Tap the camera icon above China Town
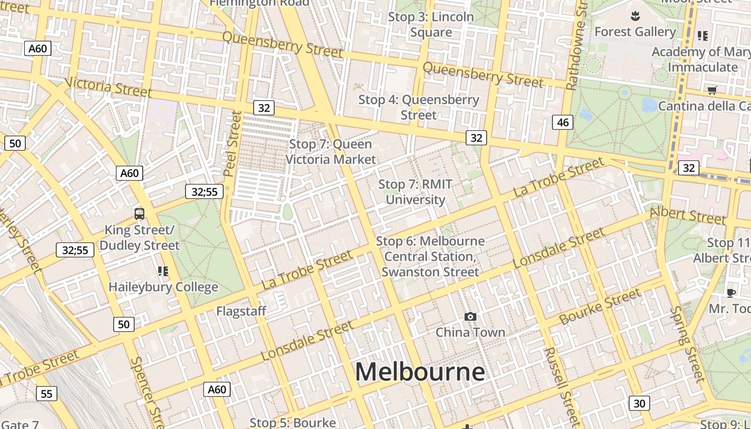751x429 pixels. pos(470,316)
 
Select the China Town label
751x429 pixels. pos(470,332)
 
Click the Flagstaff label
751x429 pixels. pos(241,311)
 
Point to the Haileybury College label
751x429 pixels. pos(163,287)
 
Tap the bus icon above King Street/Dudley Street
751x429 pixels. pos(139,214)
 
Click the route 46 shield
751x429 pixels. pos(563,122)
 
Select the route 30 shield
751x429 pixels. pos(639,403)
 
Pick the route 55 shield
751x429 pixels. pos(47,394)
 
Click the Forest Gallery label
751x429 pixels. pos(635,32)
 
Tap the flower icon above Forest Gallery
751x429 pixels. pos(636,16)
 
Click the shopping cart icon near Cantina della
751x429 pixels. pos(712,90)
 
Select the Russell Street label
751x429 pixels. pos(562,386)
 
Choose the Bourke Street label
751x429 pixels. pos(600,306)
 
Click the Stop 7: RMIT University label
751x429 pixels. pos(416,192)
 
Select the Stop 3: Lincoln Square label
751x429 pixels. pos(431,24)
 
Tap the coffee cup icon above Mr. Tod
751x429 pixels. pos(731,292)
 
